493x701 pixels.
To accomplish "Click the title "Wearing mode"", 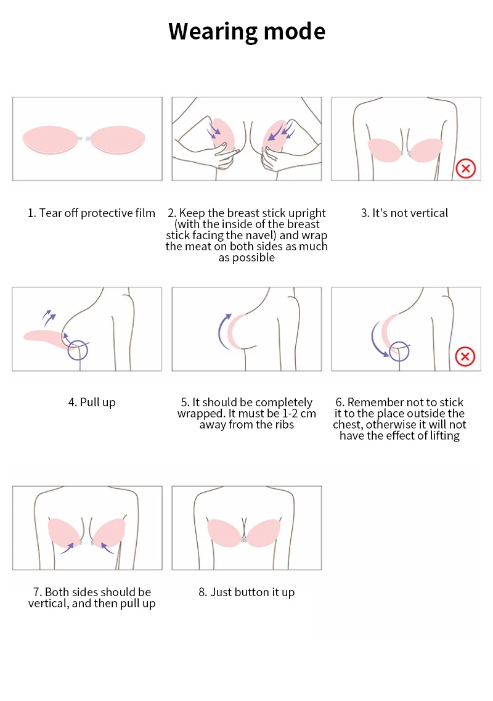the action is click(246, 31).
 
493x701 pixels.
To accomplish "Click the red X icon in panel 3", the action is click(465, 168).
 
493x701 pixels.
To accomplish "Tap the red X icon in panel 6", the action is click(465, 356).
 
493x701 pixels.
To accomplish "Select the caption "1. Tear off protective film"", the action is click(91, 213).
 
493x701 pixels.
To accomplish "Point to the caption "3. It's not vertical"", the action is click(404, 213).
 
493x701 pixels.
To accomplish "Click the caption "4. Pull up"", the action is click(92, 403).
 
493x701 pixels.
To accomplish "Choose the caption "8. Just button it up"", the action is click(246, 592).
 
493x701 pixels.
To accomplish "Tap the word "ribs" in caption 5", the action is click(282, 425).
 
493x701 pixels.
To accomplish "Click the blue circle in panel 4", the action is click(78, 350).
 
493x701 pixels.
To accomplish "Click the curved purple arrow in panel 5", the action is click(221, 332).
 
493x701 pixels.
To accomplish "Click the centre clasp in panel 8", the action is click(245, 539).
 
